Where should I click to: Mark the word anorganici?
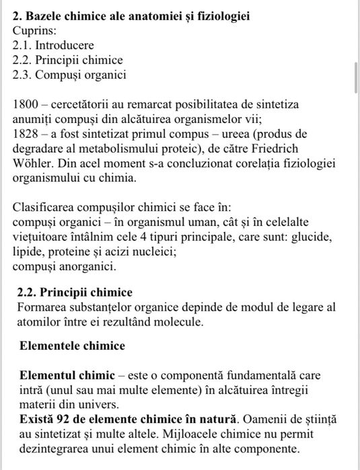tap(85, 267)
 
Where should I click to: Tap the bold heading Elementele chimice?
tap(72, 346)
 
